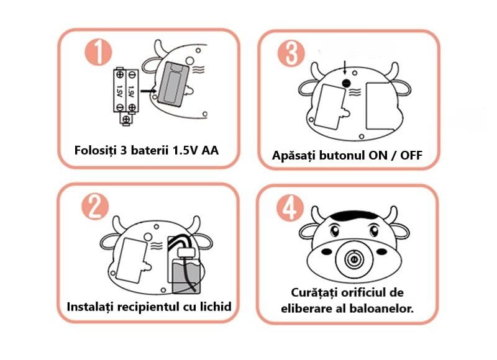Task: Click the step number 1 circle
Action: pyautogui.click(x=98, y=52)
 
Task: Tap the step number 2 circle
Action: pyautogui.click(x=95, y=207)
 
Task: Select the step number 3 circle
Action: pyautogui.click(x=291, y=53)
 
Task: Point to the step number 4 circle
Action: pyautogui.click(x=290, y=208)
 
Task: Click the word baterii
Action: pyautogui.click(x=150, y=150)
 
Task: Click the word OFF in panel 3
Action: pyautogui.click(x=411, y=155)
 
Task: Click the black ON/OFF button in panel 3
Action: pyautogui.click(x=346, y=83)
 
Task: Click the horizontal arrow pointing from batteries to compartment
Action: pyautogui.click(x=148, y=91)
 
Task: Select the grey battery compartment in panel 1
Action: pyautogui.click(x=173, y=83)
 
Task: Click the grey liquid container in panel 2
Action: pyautogui.click(x=186, y=276)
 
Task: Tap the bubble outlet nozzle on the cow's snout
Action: pyautogui.click(x=352, y=259)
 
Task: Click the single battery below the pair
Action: pyautogui.click(x=126, y=119)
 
